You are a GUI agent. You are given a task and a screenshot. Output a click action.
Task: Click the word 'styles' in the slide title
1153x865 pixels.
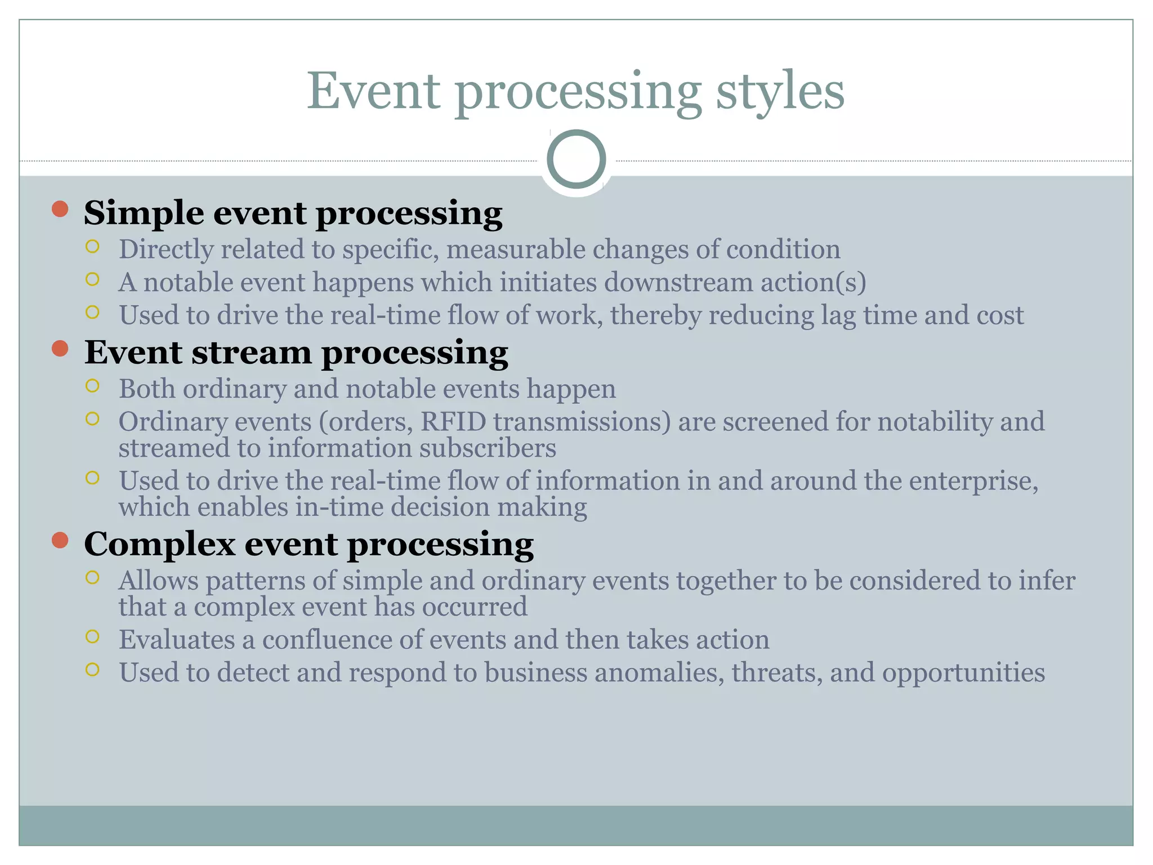tap(780, 92)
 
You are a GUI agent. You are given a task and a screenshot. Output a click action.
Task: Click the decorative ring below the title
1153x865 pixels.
tap(576, 159)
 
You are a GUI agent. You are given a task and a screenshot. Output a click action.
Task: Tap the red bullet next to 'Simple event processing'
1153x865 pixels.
tap(60, 209)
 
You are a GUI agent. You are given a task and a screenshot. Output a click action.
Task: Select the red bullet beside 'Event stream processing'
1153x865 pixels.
tap(60, 349)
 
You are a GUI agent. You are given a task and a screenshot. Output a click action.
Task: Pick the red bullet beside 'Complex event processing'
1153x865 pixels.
tap(60, 540)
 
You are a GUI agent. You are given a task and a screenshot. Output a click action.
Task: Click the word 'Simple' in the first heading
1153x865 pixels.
tap(144, 213)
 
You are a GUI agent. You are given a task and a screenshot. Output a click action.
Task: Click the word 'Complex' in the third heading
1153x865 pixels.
tap(159, 545)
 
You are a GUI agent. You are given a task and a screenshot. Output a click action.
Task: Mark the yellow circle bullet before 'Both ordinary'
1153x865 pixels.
tap(92, 386)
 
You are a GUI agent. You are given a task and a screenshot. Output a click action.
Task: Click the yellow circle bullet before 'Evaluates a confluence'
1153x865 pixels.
tap(92, 637)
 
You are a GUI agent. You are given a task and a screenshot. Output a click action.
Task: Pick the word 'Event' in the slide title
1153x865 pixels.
tap(373, 92)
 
